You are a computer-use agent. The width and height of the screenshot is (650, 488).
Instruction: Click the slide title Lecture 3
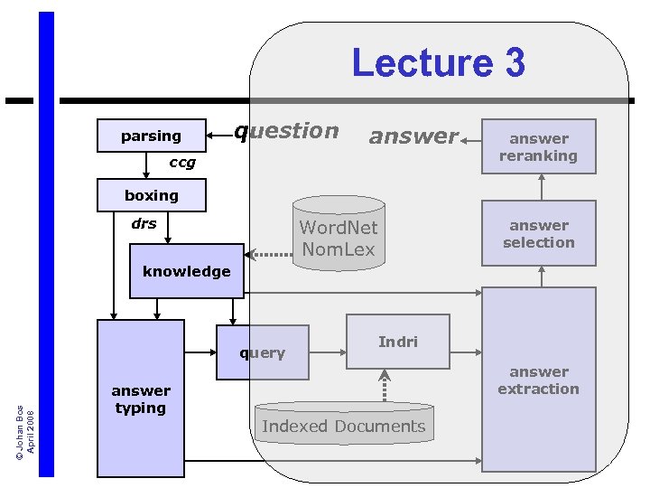pos(438,63)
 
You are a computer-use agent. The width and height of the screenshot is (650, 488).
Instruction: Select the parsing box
pos(151,136)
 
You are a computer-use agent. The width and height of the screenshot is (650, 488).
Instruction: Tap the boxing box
pos(151,195)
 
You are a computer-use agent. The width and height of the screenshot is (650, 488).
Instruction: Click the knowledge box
pos(187,271)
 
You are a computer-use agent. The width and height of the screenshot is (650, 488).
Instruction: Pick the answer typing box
pos(140,399)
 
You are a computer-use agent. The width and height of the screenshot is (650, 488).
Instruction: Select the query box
pos(263,352)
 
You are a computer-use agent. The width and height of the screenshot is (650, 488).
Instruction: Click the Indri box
pos(398,342)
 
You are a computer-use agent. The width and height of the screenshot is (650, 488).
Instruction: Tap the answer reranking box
pos(539,146)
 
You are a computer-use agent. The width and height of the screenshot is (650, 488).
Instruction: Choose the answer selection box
pos(539,234)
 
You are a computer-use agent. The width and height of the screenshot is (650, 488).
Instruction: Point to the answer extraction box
pos(539,380)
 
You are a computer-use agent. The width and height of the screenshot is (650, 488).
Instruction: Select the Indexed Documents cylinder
pos(344,425)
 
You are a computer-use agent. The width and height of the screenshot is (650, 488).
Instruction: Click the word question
pos(287,131)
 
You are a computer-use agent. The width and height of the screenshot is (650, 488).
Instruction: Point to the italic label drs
pos(144,223)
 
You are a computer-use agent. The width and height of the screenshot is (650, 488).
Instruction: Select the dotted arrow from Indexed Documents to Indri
pos(385,385)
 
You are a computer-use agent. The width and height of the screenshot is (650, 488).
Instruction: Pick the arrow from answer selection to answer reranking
pos(542,187)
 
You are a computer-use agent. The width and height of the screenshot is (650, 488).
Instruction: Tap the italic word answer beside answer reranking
pos(413,136)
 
